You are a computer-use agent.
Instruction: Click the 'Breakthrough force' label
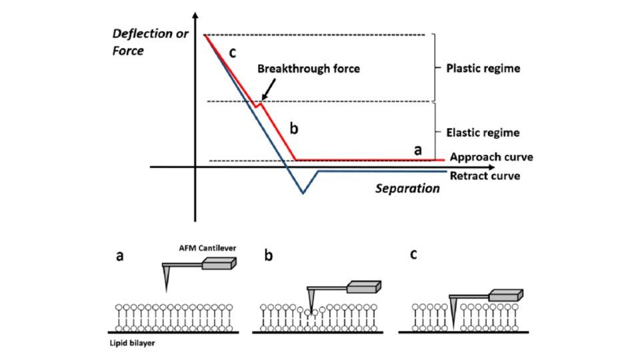pyautogui.click(x=309, y=69)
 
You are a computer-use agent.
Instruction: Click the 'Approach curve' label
pyautogui.click(x=491, y=157)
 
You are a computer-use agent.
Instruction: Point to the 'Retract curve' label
pyautogui.click(x=485, y=176)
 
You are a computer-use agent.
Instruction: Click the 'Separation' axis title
pyautogui.click(x=407, y=189)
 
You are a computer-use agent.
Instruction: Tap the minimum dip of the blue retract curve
pyautogui.click(x=303, y=193)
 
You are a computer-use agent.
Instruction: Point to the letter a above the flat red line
pyautogui.click(x=418, y=150)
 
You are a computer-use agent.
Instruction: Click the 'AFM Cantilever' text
pyautogui.click(x=203, y=248)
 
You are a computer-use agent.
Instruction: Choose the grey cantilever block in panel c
pyautogui.click(x=505, y=295)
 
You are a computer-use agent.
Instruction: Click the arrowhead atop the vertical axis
pyautogui.click(x=195, y=15)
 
